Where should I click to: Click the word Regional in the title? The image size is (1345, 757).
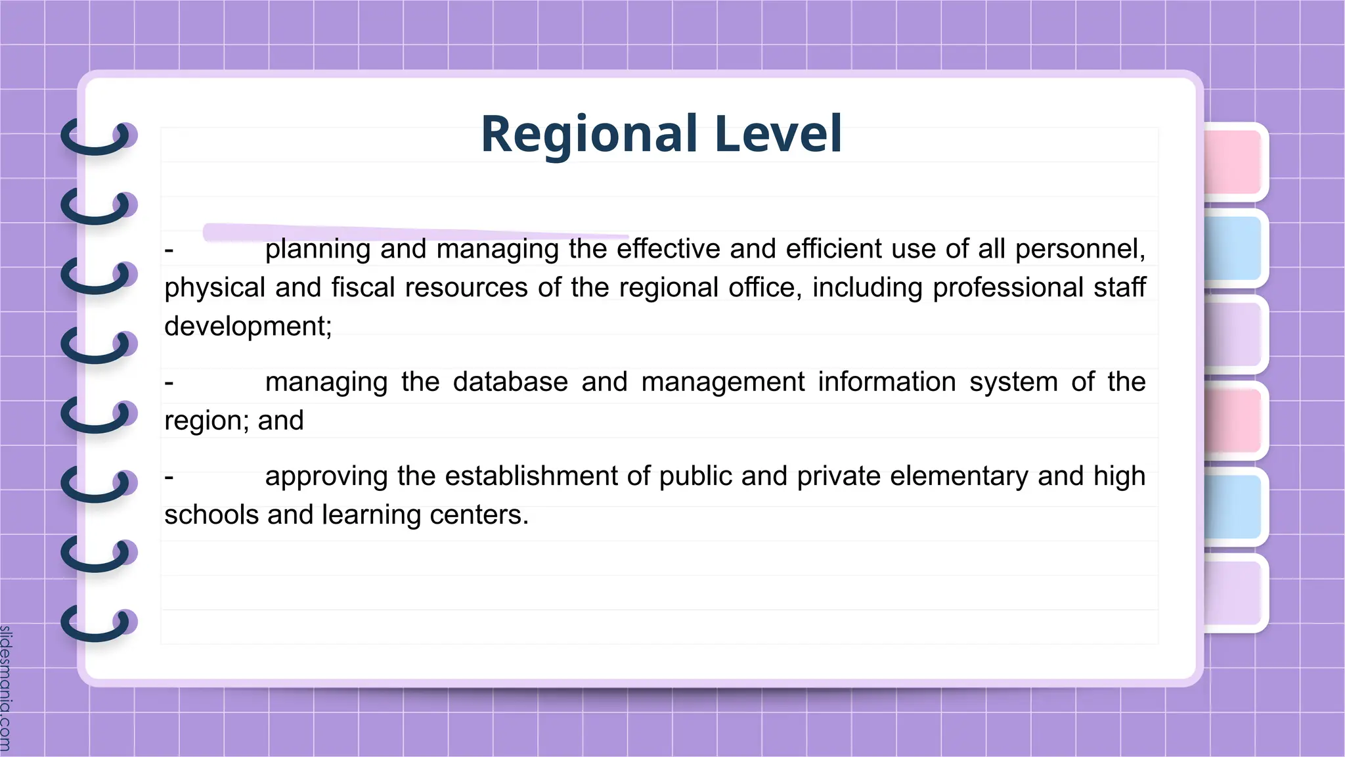tap(588, 135)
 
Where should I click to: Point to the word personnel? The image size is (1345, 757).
tap(1080, 250)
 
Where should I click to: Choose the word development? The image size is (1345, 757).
tap(248, 327)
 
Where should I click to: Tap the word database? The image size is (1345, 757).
tap(510, 382)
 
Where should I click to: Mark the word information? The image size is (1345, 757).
tap(887, 382)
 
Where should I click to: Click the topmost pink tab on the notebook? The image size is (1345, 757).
tap(1233, 162)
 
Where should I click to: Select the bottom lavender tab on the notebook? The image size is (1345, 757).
tap(1233, 593)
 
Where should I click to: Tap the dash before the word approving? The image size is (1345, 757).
tap(169, 477)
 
